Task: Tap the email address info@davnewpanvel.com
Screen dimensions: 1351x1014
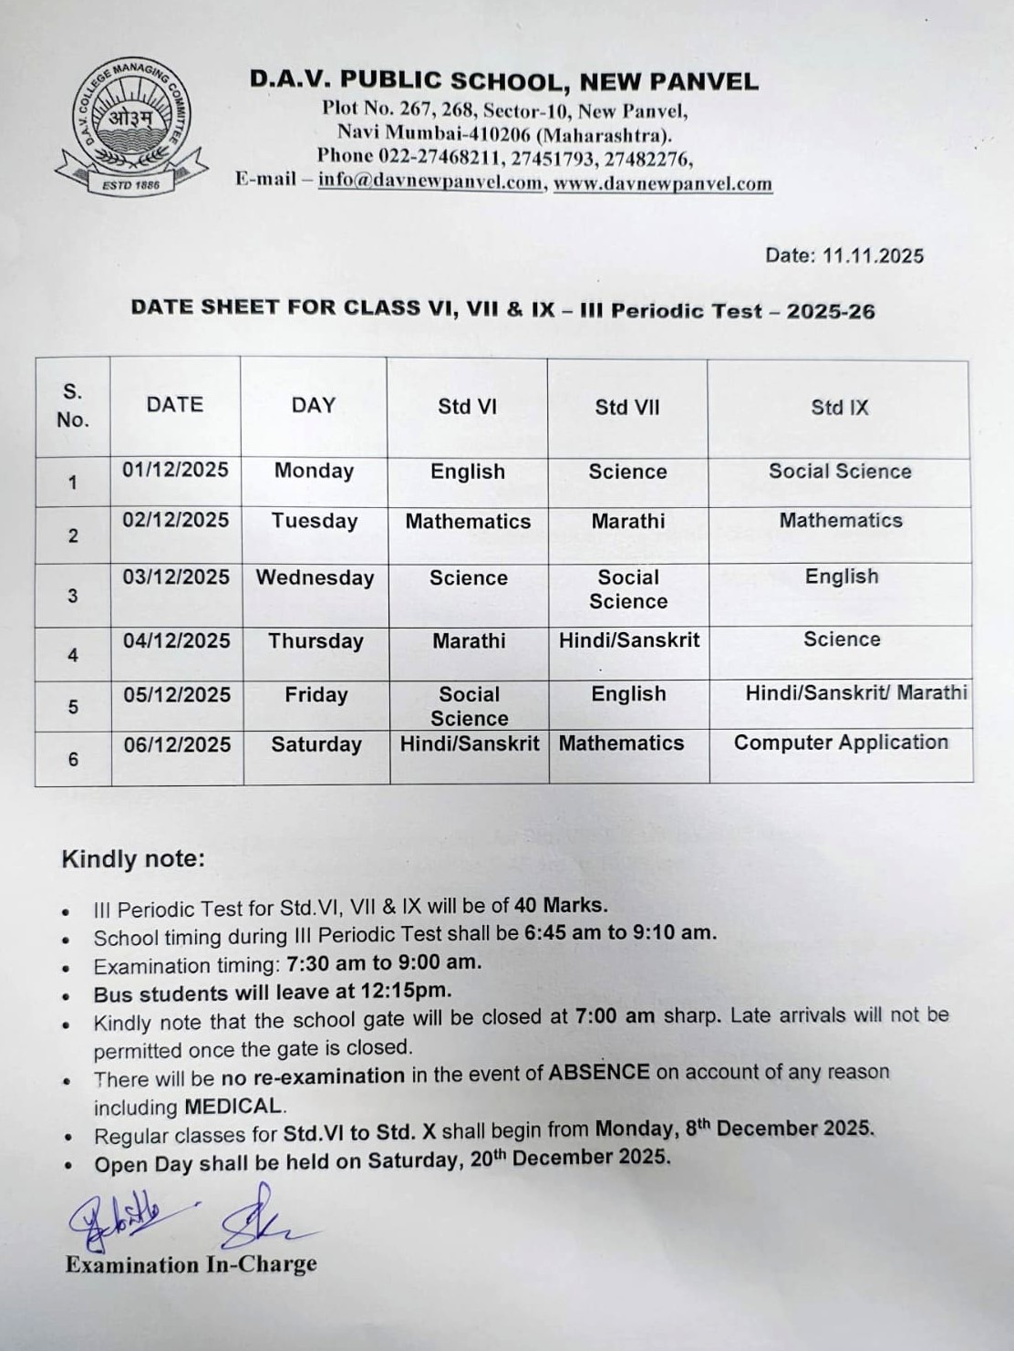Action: click(430, 181)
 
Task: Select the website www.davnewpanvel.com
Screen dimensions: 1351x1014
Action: click(663, 183)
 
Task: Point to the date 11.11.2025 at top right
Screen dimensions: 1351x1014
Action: click(873, 255)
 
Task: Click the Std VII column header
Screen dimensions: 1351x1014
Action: click(627, 407)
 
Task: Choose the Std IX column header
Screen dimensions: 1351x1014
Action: click(840, 407)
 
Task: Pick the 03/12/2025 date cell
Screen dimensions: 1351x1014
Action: click(176, 577)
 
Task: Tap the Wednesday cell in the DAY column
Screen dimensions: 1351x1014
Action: click(315, 578)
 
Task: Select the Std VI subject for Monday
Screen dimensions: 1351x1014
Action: click(468, 472)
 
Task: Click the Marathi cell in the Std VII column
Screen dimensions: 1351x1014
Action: click(628, 522)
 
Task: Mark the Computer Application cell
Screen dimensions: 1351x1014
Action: click(841, 743)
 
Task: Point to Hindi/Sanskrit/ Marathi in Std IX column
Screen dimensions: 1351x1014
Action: click(856, 692)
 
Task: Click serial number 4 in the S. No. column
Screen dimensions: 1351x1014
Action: click(73, 656)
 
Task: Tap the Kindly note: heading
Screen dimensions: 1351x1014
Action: click(133, 859)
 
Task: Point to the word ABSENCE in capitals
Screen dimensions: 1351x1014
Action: click(599, 1072)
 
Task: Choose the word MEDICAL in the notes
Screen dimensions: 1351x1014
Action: click(233, 1107)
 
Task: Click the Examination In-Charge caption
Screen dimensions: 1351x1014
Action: click(191, 1264)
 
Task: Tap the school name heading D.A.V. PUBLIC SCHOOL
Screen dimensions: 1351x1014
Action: click(503, 81)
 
